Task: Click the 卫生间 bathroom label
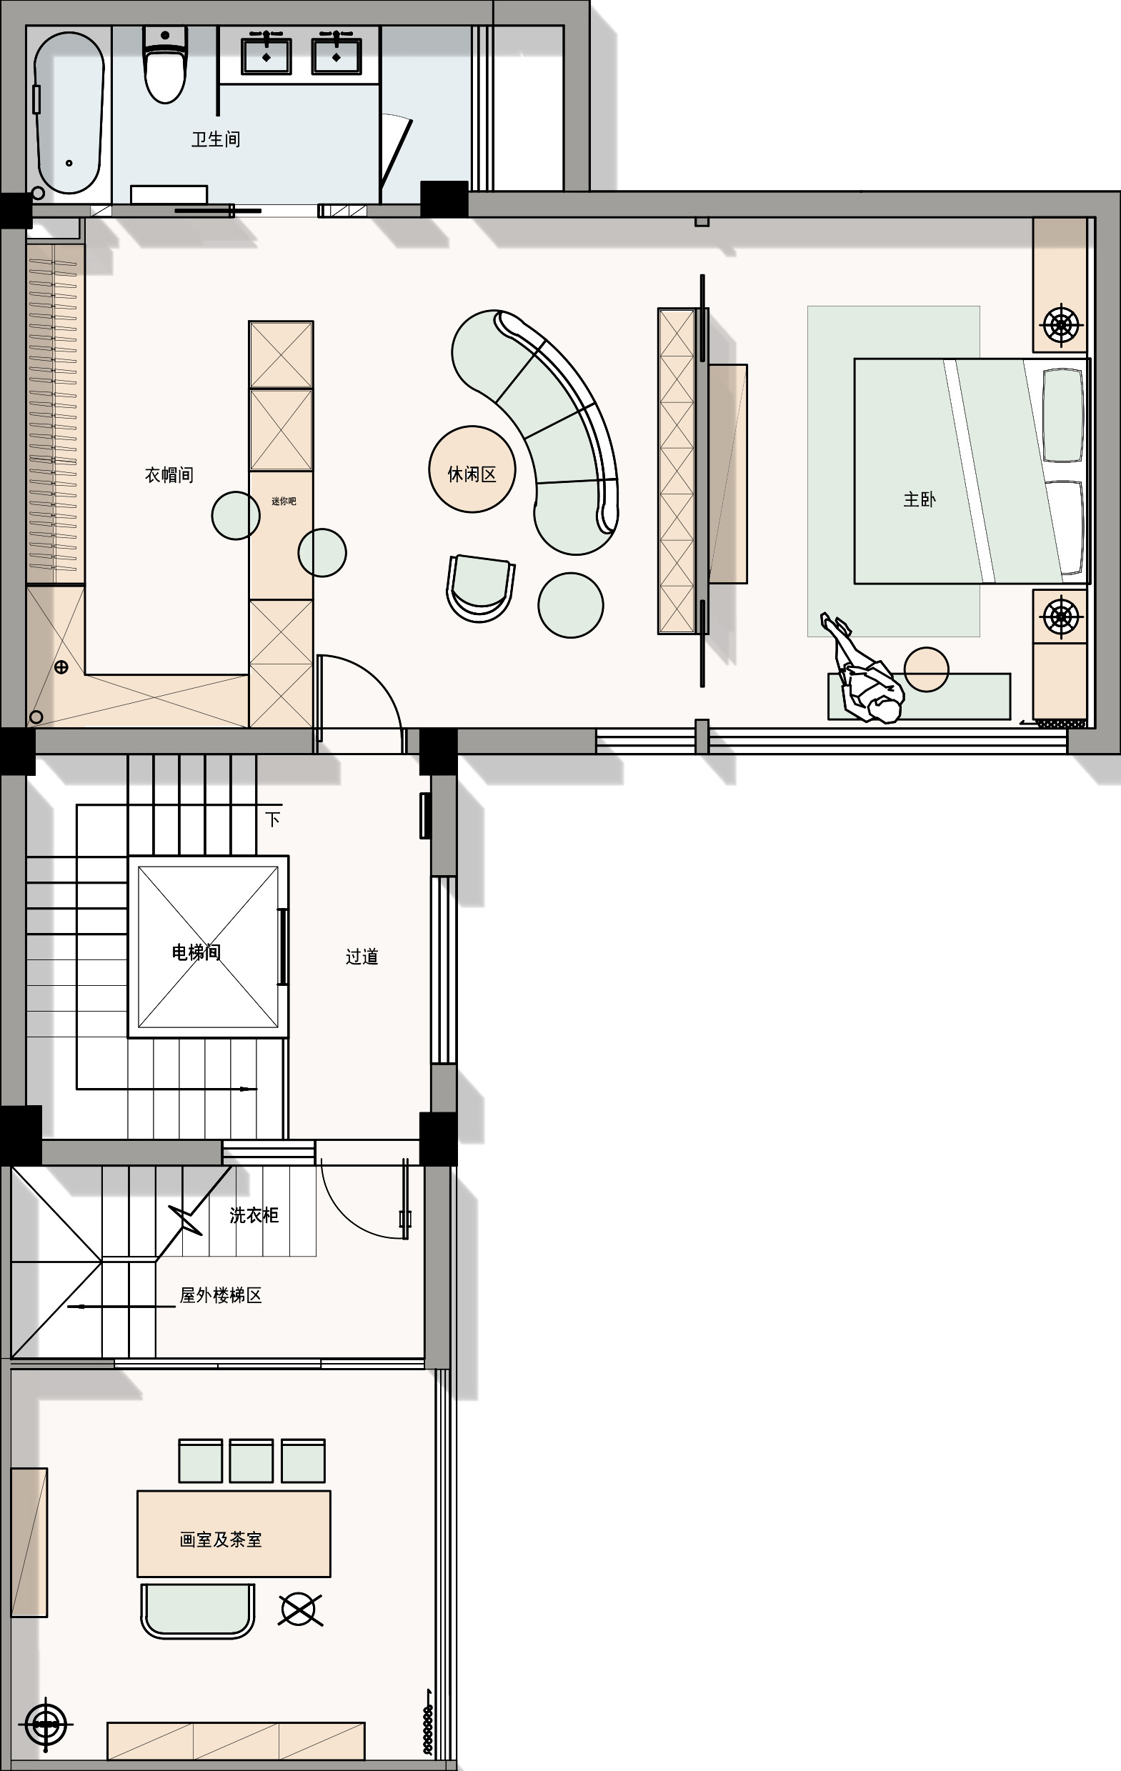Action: (216, 139)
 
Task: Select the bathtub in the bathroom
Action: (69, 111)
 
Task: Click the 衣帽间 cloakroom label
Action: (169, 475)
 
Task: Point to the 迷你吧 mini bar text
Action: (284, 502)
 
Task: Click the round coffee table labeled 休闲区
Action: (472, 469)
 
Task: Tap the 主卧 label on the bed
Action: (920, 500)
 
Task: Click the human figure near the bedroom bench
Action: (863, 669)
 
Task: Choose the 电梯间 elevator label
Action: (196, 952)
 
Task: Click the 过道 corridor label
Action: (362, 956)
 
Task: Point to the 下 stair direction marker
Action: (273, 819)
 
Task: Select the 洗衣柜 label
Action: (254, 1216)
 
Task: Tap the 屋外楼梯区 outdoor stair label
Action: (221, 1296)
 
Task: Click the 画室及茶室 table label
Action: (221, 1540)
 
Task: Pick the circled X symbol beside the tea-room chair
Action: (300, 1610)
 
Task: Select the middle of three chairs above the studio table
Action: (251, 1461)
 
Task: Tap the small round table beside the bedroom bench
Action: (926, 669)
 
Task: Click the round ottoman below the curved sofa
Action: (571, 605)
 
